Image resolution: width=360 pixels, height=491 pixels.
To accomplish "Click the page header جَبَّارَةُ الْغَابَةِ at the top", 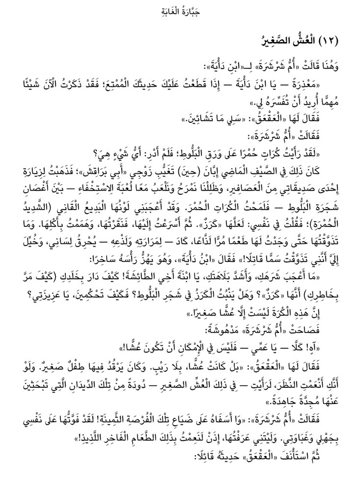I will click(x=180, y=11).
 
